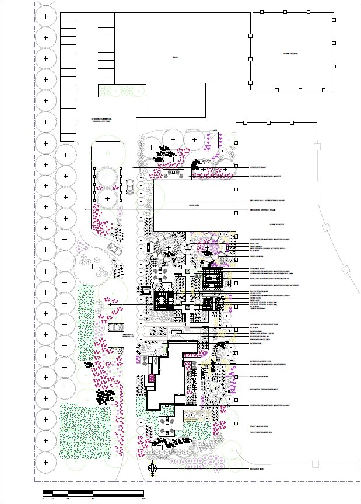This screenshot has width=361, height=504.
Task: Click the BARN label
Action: click(x=174, y=57)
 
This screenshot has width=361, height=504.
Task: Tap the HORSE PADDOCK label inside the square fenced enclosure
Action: click(x=291, y=54)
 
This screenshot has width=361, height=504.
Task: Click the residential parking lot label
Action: click(x=128, y=336)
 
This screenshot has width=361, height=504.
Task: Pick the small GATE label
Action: click(x=215, y=130)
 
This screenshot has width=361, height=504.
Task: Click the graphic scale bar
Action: click(x=93, y=494)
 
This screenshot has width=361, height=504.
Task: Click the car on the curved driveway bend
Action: click(x=115, y=250)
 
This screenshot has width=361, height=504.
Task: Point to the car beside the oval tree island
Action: click(x=129, y=185)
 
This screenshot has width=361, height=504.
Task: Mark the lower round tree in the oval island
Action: click(x=107, y=198)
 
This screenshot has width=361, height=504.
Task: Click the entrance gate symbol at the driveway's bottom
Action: click(x=152, y=468)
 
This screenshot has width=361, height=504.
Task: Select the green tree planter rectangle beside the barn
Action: click(x=121, y=90)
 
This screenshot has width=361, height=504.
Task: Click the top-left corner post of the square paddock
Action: click(x=251, y=13)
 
